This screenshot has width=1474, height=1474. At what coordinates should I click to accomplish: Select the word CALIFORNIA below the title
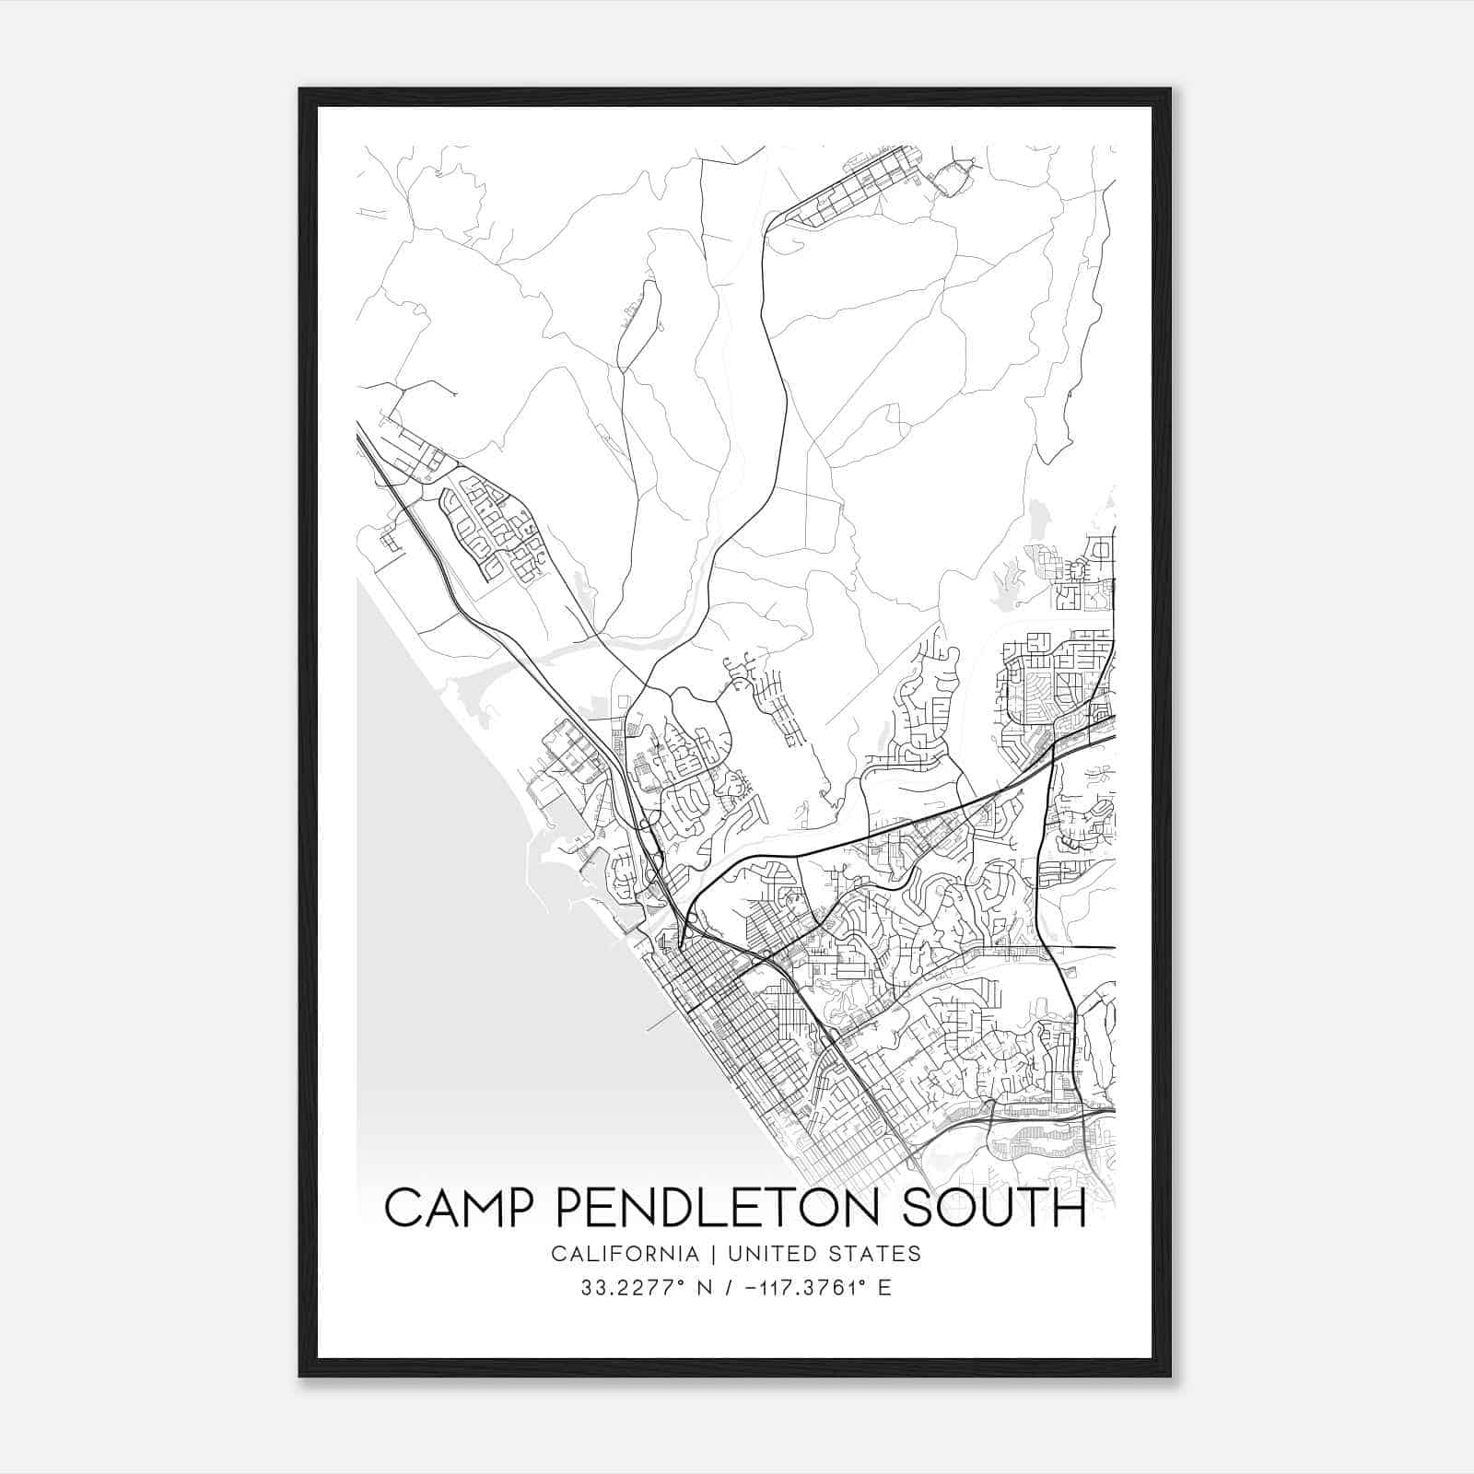pyautogui.click(x=624, y=1254)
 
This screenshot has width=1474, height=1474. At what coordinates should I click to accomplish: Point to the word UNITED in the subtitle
pyautogui.click(x=772, y=1254)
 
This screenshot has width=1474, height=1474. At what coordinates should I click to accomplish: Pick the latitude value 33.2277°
pyautogui.click(x=623, y=1288)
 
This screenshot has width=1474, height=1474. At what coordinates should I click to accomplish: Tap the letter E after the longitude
pyautogui.click(x=884, y=1288)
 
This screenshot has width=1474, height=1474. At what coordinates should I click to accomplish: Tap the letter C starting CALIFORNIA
pyautogui.click(x=557, y=1254)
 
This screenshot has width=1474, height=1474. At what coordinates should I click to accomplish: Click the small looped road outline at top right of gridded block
pyautogui.click(x=954, y=176)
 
